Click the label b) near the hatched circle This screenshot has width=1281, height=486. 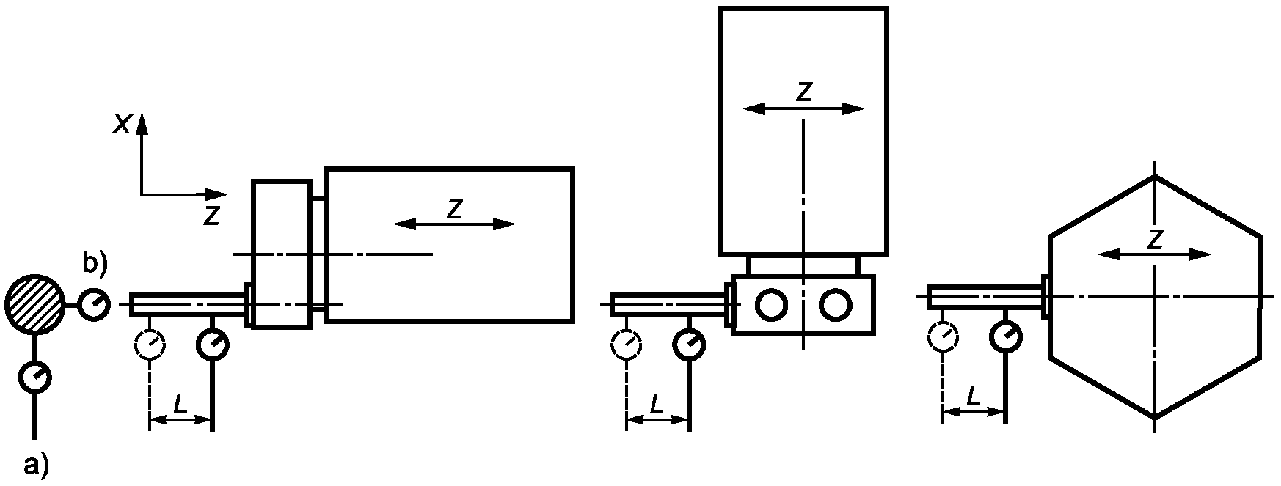(94, 264)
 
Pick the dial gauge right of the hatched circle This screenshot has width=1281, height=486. (94, 304)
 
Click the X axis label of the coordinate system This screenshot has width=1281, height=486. (122, 125)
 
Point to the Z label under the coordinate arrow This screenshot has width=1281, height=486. (211, 215)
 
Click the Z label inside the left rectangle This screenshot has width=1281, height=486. (455, 209)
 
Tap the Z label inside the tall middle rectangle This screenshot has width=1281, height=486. (805, 92)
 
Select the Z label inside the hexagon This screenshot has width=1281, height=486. (1155, 240)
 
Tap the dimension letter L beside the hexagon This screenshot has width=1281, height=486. (973, 397)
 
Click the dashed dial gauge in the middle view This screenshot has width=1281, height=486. (627, 344)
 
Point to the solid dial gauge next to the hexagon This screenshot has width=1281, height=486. (1005, 336)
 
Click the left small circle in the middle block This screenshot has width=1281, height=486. (772, 304)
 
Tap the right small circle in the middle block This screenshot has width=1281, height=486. (835, 304)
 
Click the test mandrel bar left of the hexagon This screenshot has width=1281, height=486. (983, 297)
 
